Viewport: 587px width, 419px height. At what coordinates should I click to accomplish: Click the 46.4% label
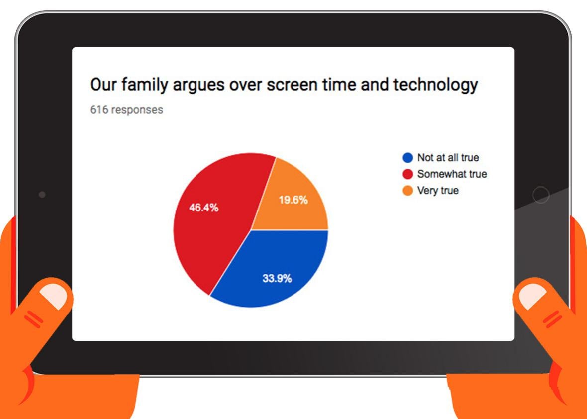(203, 208)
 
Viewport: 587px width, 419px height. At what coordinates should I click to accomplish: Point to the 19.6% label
(293, 200)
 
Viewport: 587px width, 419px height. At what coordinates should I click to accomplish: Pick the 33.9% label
(277, 278)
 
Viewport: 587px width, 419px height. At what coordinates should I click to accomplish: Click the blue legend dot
(408, 158)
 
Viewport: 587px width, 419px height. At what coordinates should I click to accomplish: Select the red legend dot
(408, 174)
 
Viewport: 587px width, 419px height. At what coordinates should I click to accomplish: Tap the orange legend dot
(408, 191)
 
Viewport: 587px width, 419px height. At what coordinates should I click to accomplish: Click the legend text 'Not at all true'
(448, 158)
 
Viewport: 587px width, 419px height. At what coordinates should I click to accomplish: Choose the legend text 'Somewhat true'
(452, 174)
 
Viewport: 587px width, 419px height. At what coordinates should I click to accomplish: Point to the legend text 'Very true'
(438, 191)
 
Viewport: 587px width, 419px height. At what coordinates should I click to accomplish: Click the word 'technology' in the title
(435, 85)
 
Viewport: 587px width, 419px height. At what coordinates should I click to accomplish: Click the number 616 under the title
(99, 109)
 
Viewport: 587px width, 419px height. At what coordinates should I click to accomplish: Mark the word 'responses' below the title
(137, 110)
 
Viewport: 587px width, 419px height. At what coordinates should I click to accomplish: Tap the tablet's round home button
(541, 195)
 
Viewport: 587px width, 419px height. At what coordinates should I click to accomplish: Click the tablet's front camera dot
(42, 195)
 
